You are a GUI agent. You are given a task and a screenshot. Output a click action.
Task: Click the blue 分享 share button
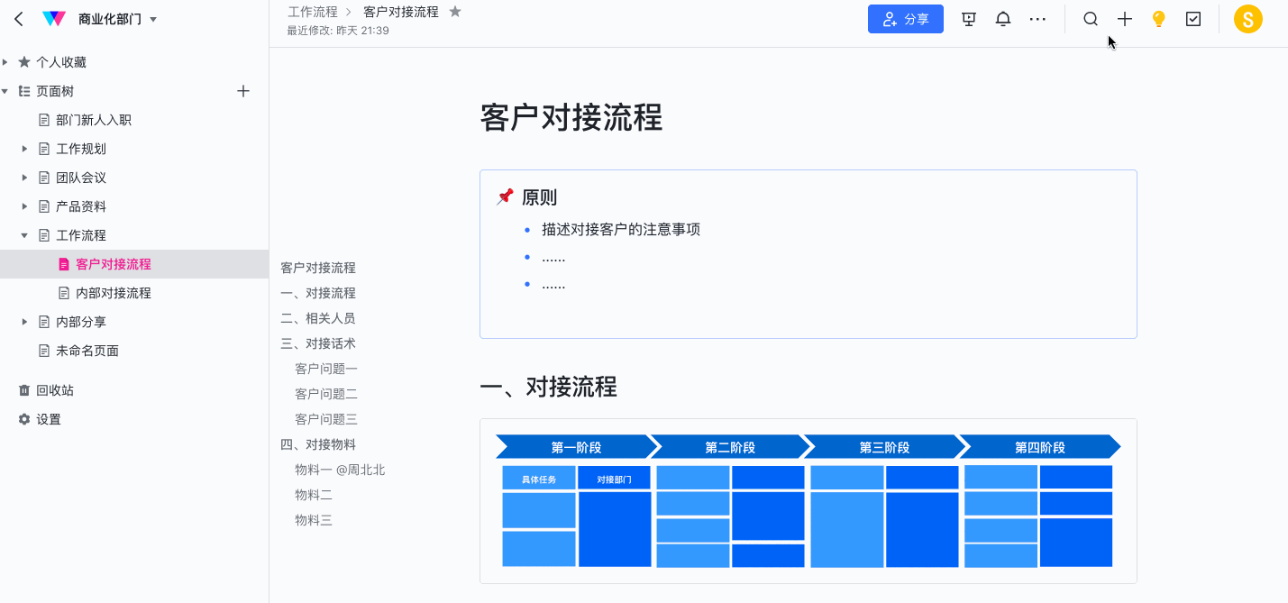click(x=906, y=19)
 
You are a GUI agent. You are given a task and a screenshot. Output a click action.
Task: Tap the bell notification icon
click(x=1003, y=19)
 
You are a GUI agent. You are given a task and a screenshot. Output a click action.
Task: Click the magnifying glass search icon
click(x=1091, y=19)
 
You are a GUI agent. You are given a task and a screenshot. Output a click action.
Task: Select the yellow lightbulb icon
click(x=1158, y=19)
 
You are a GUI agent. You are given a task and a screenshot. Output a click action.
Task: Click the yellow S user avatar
click(x=1247, y=19)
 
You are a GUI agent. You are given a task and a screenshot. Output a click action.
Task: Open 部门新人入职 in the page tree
click(x=93, y=120)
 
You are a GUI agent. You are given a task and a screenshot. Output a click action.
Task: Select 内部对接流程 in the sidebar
click(x=113, y=293)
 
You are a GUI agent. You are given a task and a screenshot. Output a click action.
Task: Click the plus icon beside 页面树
click(x=243, y=91)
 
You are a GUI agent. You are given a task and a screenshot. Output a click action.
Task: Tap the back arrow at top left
click(x=19, y=19)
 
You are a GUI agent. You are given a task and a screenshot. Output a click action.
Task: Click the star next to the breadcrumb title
click(x=455, y=12)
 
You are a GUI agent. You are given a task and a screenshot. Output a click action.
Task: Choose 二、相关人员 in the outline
click(x=318, y=318)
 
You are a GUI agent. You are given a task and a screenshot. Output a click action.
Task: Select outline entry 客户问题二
click(x=326, y=394)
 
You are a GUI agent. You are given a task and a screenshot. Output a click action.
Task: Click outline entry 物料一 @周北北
click(x=340, y=470)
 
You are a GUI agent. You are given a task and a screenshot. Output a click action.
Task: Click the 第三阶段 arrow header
click(x=884, y=447)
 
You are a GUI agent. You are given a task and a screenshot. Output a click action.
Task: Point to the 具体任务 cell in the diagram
click(x=539, y=479)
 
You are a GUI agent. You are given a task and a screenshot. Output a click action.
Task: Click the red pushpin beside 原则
click(x=505, y=196)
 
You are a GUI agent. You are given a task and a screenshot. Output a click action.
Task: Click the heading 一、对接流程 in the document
click(x=549, y=387)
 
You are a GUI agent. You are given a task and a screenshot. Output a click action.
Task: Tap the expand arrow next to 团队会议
click(x=24, y=178)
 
